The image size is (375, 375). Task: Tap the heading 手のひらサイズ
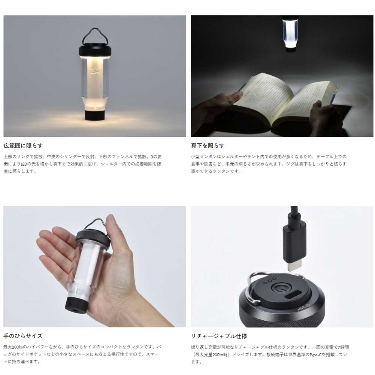[23, 336]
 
